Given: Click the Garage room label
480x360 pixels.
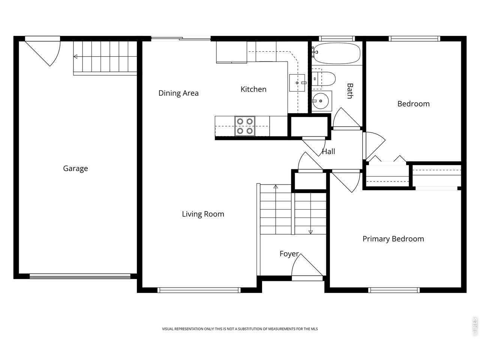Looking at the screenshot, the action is pos(75,168).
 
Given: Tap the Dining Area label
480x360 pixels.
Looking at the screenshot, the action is pos(178,93).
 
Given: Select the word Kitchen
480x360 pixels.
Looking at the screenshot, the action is pos(253,89).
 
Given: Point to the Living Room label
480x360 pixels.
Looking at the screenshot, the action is pos(203,214).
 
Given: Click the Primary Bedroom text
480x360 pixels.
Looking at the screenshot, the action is pos(393,239).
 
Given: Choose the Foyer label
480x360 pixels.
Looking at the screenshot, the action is pos(289,254).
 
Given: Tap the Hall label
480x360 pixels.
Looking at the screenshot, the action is pos(328,151).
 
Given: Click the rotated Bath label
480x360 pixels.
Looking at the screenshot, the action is pos(350,91).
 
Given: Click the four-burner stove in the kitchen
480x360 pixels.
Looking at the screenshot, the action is pos(245,126).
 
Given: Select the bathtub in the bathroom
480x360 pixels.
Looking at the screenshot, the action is pos(336,53).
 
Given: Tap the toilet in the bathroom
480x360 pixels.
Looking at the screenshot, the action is pos(323,79).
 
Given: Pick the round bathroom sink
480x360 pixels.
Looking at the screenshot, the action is pos(321,101).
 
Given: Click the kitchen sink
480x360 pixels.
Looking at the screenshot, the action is pos(297,82).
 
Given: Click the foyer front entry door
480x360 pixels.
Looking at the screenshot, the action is pos(307,267).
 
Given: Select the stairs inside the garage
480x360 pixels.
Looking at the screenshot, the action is pos(105,58).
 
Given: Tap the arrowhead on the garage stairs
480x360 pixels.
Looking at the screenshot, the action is pos(75,57).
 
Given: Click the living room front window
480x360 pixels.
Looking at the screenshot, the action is pos(199,290).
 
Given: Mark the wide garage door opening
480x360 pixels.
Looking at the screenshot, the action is pos(80,276).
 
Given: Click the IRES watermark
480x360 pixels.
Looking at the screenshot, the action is pos(474,327).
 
